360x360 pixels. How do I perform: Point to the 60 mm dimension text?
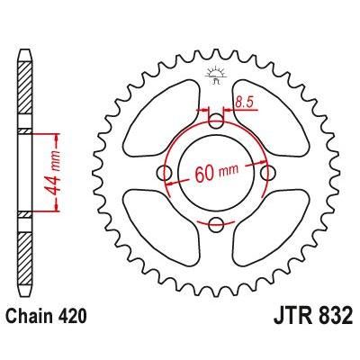215,173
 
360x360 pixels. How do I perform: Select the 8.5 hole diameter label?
244,103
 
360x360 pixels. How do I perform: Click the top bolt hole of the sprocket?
215,121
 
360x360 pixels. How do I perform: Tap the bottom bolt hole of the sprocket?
215,223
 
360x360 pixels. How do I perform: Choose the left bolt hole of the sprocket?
164,172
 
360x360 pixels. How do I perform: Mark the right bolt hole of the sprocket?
266,172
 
